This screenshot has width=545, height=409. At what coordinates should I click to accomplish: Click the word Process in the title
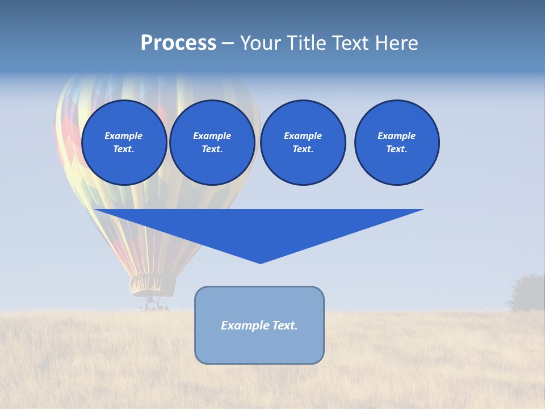coord(178,43)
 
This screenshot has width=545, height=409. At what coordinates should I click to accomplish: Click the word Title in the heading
coord(307,43)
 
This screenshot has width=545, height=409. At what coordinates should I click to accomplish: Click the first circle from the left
coord(124,143)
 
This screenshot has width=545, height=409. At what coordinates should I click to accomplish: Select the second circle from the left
coord(212,143)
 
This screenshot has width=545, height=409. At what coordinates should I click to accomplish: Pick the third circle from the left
coord(303,143)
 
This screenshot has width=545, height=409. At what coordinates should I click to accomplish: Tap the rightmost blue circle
coord(396,143)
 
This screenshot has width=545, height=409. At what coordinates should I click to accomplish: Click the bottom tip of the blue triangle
coord(260,262)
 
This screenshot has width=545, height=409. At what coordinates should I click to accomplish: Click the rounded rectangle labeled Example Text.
coord(259,325)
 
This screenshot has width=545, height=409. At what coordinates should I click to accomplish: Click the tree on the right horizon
coord(527,293)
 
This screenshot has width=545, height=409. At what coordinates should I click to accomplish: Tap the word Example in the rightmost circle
coord(396,136)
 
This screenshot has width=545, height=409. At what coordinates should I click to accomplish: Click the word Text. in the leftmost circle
coord(124,149)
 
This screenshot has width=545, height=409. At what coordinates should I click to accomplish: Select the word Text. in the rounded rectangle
coord(284,325)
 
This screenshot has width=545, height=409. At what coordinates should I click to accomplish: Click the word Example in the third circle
coord(303,136)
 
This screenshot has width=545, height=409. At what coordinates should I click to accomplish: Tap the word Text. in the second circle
coord(212,149)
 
